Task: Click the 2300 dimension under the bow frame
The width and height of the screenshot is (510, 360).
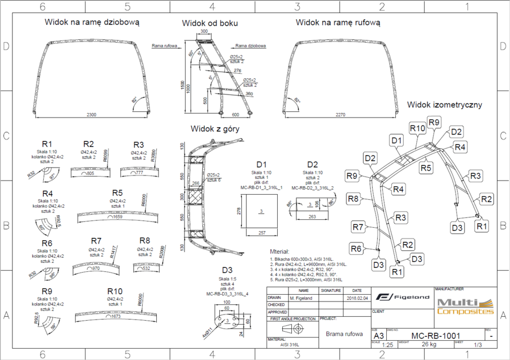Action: (91, 115)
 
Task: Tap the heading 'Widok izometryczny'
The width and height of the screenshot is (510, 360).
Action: (444, 105)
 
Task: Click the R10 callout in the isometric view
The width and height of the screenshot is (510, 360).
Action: (417, 128)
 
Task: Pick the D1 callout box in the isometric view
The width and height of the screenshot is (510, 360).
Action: (397, 139)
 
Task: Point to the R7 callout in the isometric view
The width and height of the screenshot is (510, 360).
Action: (359, 227)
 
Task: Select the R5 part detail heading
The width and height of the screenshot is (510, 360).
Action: (117, 193)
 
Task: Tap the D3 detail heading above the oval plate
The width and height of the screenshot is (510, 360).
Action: (227, 271)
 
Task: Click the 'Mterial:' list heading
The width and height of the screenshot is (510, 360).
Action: (279, 252)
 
